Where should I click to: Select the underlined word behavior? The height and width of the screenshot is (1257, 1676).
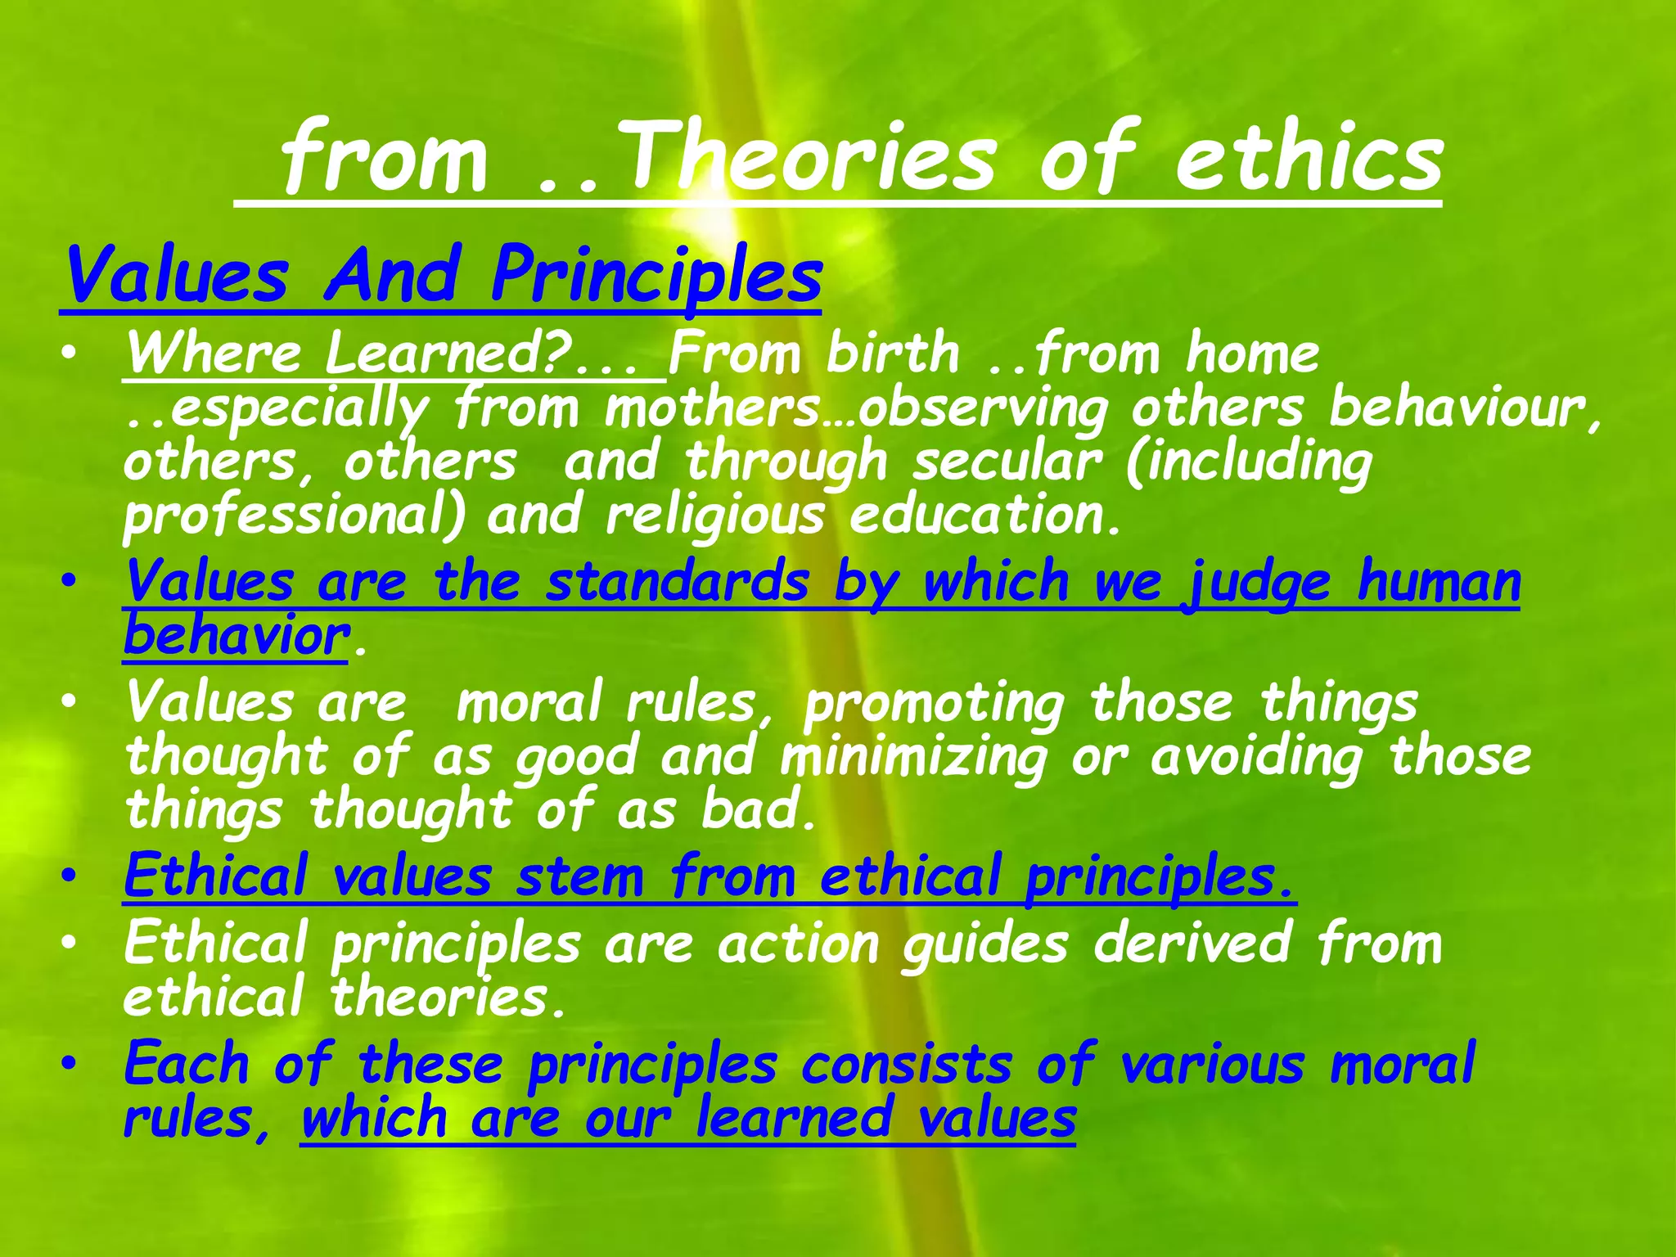point(236,636)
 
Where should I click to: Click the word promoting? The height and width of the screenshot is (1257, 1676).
point(934,703)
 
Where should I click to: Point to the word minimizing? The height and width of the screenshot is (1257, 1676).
point(913,756)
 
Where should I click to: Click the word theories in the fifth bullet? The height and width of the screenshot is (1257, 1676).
point(448,998)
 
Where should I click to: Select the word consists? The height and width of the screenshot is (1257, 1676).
point(907,1065)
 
